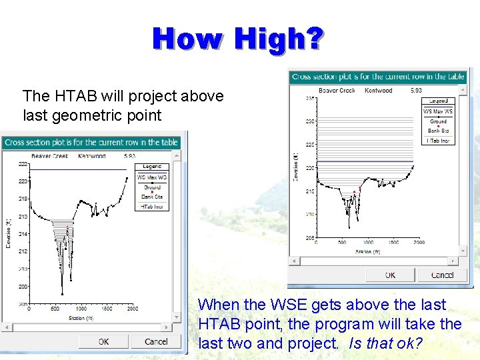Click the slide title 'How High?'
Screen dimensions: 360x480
tap(239, 39)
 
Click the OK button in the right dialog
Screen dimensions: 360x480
tap(390, 275)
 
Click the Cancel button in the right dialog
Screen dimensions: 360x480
tap(442, 275)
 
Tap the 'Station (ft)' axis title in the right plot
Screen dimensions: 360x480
tap(367, 251)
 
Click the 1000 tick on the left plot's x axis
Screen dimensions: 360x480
tap(81, 309)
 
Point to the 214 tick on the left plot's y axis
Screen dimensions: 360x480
tap(23, 234)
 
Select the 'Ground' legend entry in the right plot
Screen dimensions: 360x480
tap(438, 121)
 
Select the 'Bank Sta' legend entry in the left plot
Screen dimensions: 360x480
tap(151, 197)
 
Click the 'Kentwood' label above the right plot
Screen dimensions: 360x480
tap(379, 91)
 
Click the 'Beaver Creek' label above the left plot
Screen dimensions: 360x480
tap(49, 156)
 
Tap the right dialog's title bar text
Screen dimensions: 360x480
tap(378, 77)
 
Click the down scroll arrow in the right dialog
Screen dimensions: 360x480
tap(463, 251)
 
